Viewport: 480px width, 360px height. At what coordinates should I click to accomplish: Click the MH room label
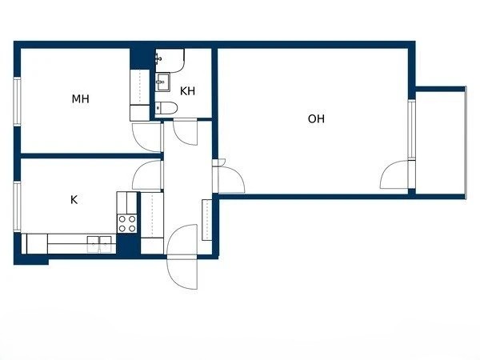pyautogui.click(x=80, y=99)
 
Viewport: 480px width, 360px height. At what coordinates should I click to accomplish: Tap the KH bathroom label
pyautogui.click(x=188, y=91)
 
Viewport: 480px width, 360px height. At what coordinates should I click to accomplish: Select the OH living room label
pyautogui.click(x=316, y=119)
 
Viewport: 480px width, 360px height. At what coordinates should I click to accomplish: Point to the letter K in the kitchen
pyautogui.click(x=74, y=200)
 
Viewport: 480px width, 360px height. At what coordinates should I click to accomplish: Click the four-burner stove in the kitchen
pyautogui.click(x=127, y=223)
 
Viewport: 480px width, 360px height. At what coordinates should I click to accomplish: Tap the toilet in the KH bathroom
pyautogui.click(x=166, y=108)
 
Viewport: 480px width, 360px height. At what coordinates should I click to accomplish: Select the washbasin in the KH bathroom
pyautogui.click(x=163, y=79)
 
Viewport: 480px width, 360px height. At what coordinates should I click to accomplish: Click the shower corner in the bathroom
pyautogui.click(x=170, y=59)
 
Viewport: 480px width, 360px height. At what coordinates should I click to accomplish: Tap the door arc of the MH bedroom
pyautogui.click(x=147, y=137)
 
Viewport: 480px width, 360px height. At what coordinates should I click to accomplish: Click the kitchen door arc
pyautogui.click(x=149, y=175)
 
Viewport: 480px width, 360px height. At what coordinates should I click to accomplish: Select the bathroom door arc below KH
pyautogui.click(x=185, y=131)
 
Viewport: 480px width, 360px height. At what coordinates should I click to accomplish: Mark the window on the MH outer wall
pyautogui.click(x=16, y=101)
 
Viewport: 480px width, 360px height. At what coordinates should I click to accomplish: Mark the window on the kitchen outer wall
pyautogui.click(x=16, y=206)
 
